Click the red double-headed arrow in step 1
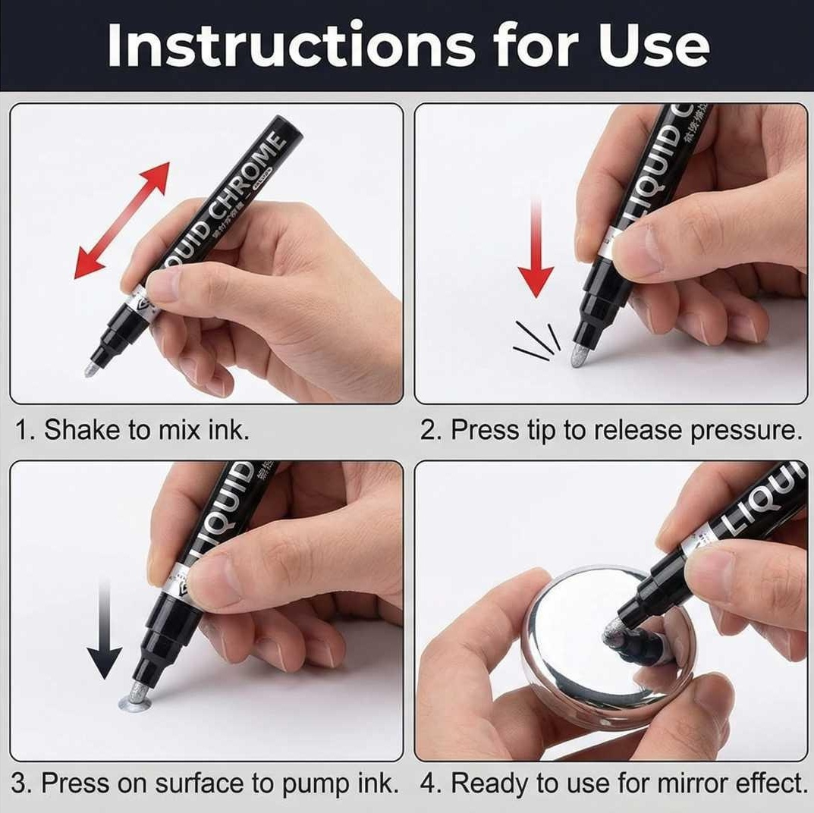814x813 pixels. [x=122, y=220]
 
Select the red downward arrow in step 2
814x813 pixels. [x=536, y=250]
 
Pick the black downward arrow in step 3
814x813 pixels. [x=104, y=629]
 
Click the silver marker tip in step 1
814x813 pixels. [x=92, y=369]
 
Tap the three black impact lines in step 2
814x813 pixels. [x=537, y=339]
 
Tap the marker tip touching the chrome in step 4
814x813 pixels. [x=614, y=632]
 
